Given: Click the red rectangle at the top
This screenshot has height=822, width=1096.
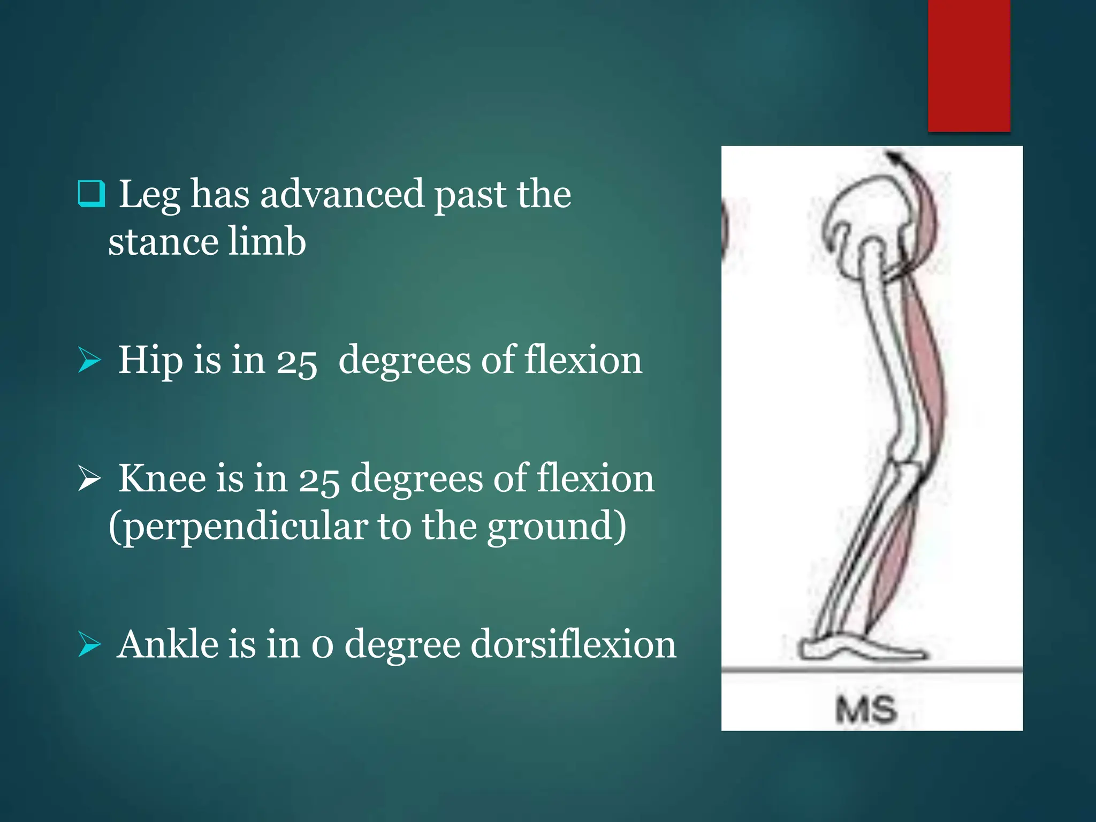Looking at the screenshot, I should click(x=969, y=65).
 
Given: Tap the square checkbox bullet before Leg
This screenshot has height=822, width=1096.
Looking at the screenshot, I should click(x=91, y=193).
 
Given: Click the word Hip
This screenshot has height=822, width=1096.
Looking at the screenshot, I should click(x=149, y=360).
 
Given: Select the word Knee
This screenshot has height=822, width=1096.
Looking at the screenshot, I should click(x=162, y=478).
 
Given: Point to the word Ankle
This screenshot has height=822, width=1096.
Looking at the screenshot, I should click(x=168, y=644).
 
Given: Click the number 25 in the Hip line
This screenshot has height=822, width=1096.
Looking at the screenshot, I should click(x=296, y=362).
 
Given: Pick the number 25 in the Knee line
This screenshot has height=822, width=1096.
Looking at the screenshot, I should click(x=318, y=479).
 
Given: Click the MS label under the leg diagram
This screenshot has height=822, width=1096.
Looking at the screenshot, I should click(x=866, y=710).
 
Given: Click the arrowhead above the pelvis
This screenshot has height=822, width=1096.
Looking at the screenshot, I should click(x=894, y=158).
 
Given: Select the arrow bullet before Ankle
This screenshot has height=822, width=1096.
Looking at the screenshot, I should click(x=89, y=644).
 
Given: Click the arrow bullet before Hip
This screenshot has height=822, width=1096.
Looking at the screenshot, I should click(x=89, y=360).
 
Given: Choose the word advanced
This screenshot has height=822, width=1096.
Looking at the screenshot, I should click(x=342, y=194).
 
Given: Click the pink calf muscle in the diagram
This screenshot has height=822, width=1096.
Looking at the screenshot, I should click(x=891, y=567).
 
